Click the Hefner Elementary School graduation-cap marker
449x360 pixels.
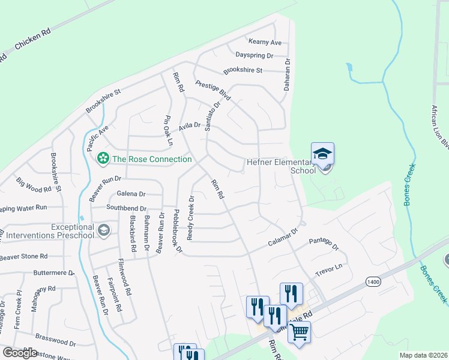point(322,154)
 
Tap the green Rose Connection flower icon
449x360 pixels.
point(103,158)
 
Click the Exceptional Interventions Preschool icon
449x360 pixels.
point(104,230)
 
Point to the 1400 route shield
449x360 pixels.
point(372,281)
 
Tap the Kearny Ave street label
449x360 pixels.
point(265,43)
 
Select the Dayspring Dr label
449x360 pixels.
point(254,55)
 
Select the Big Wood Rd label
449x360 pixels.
point(34,185)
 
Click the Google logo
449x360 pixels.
point(19,352)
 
